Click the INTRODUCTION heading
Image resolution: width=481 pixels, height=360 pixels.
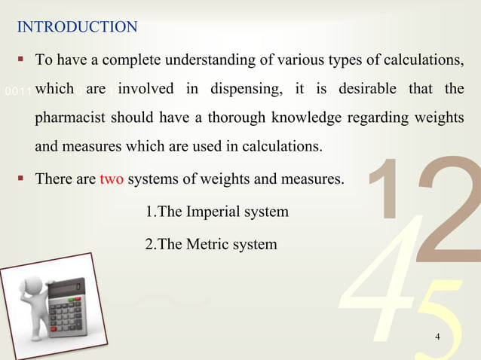[x=77, y=28]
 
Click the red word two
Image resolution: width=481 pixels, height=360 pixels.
[x=112, y=181]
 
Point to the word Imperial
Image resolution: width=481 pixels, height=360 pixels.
[x=218, y=212]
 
